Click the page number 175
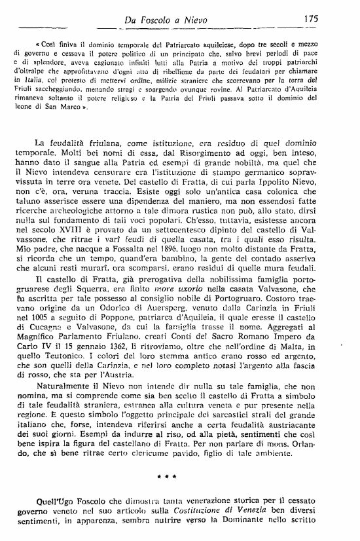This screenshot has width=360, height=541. [x=310, y=18]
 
